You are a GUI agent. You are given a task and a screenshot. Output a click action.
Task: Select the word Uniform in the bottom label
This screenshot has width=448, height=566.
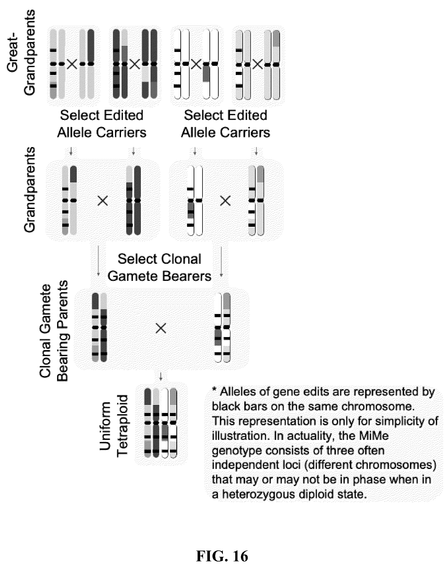point(105,426)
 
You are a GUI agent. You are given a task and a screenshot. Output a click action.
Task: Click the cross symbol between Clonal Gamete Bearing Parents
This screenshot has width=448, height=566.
point(161,328)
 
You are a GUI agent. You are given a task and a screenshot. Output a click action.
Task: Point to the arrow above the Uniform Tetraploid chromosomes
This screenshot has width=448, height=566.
point(161,376)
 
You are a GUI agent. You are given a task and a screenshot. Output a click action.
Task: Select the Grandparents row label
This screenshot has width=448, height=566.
point(29,189)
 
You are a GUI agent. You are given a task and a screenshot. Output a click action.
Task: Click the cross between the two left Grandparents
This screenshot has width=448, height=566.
point(103,201)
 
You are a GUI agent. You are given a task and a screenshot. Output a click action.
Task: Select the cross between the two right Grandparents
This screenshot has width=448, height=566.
point(225,201)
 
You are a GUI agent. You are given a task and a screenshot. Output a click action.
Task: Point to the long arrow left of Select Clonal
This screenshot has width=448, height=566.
point(98,261)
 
